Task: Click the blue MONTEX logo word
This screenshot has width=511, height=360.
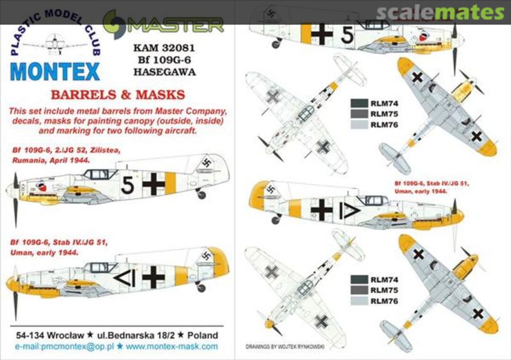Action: [55, 71]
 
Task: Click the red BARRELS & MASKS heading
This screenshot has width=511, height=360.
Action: [117, 95]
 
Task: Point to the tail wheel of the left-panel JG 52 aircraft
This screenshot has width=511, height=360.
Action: [202, 194]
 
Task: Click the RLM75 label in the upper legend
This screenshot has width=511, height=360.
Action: [384, 114]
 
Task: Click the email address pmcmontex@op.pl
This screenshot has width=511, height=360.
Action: [59, 346]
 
